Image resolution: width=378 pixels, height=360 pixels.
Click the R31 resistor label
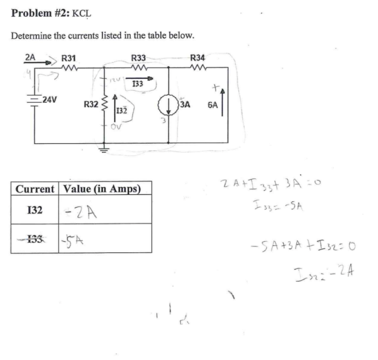click(68, 58)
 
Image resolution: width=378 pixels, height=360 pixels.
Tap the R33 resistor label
click(139, 58)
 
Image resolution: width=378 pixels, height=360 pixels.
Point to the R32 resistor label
click(91, 105)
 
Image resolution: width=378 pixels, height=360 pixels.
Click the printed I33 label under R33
click(137, 83)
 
